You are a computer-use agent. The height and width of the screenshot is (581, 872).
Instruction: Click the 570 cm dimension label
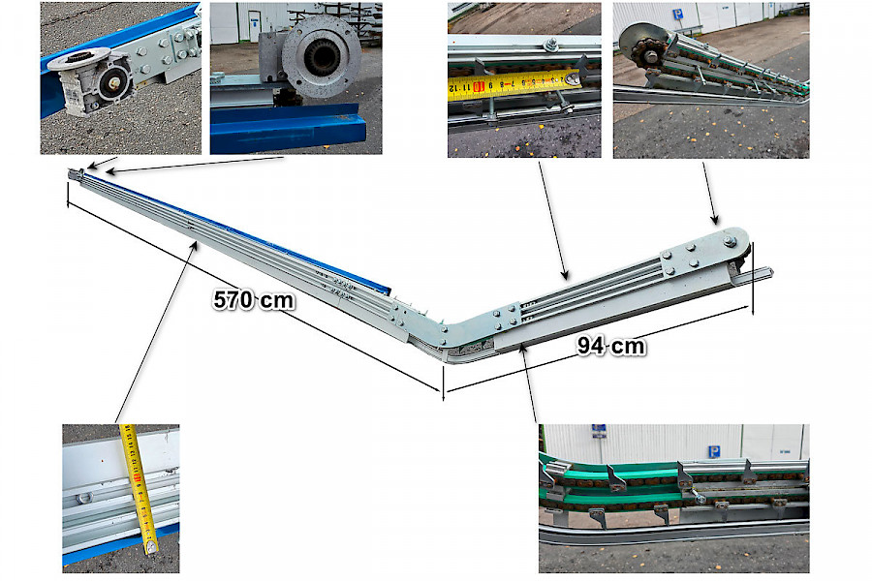click(x=254, y=300)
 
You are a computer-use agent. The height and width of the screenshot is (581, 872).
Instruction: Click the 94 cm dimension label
click(x=611, y=346)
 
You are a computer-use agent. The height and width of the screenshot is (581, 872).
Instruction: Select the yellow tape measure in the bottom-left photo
click(x=139, y=488)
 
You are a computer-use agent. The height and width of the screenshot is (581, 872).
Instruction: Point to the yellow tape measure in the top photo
click(x=515, y=84)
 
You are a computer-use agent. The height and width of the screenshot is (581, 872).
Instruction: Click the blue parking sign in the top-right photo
click(x=678, y=15)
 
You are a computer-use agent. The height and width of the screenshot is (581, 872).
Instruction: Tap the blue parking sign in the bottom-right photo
click(x=714, y=451)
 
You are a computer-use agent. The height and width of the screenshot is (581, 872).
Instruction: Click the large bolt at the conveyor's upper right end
click(x=730, y=241)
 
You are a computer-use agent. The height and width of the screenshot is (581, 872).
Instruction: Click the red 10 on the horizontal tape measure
click(x=479, y=87)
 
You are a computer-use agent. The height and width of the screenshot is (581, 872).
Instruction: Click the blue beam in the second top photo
click(x=288, y=128)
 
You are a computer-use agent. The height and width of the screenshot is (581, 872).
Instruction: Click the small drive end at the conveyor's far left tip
click(x=76, y=174)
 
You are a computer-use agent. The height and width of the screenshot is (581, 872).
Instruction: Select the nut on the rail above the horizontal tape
click(x=551, y=44)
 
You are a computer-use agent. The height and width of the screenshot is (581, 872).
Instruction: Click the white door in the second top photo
click(x=254, y=25)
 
